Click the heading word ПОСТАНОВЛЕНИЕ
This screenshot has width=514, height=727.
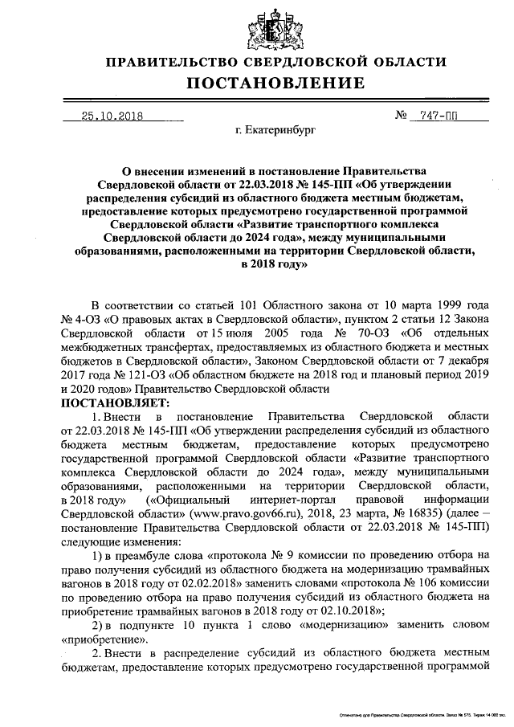pos(276,83)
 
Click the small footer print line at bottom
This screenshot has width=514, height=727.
pos(417,713)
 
